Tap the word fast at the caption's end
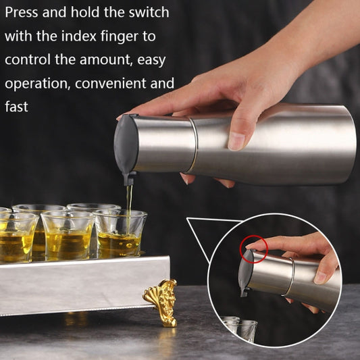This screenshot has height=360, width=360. click(16, 107)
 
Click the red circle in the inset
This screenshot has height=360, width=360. click(256, 249)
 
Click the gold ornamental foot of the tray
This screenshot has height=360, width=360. click(161, 301)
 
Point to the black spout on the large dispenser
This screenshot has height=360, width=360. click(130, 178)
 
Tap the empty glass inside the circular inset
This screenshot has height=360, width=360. click(241, 329)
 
